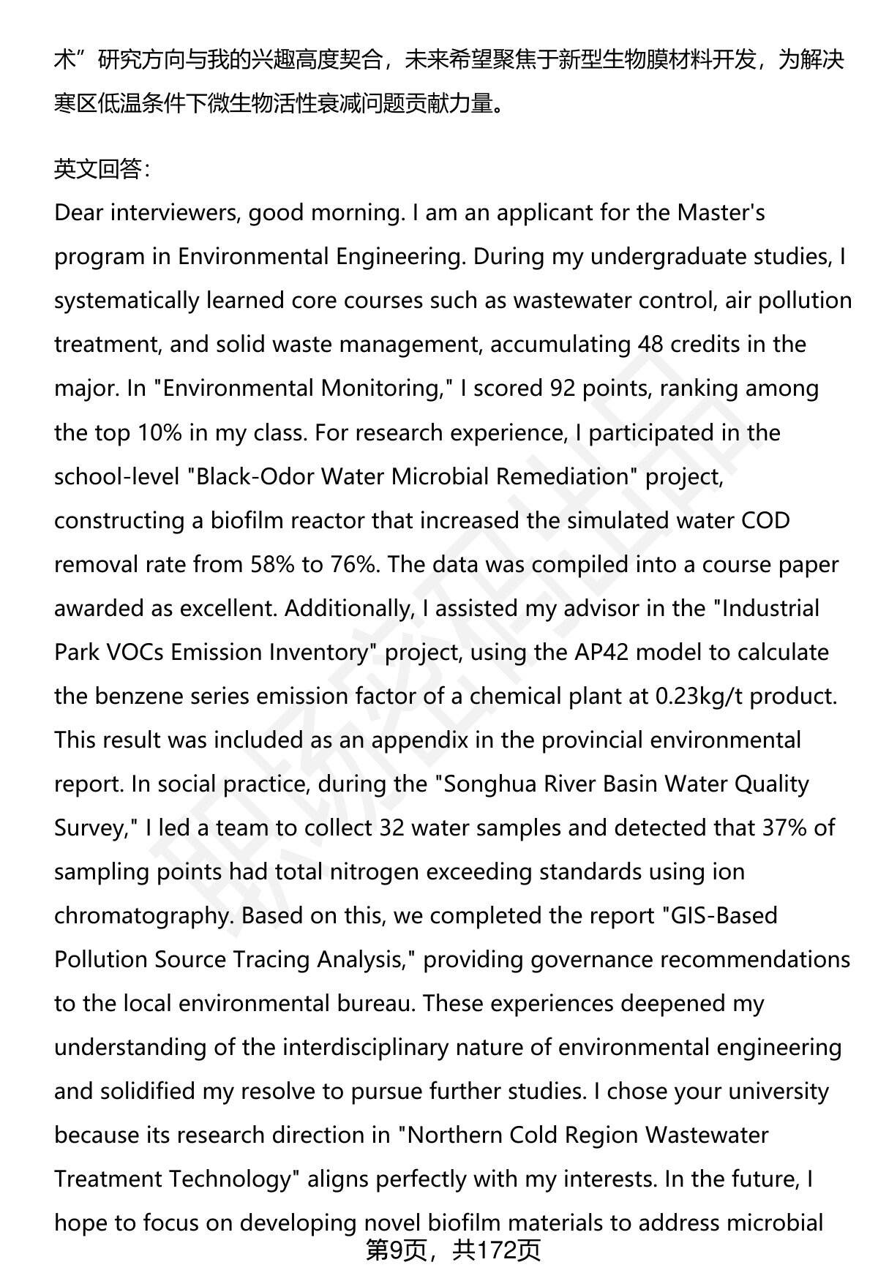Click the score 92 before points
tap(562, 388)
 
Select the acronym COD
tap(765, 520)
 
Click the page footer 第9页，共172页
tap(453, 1250)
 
